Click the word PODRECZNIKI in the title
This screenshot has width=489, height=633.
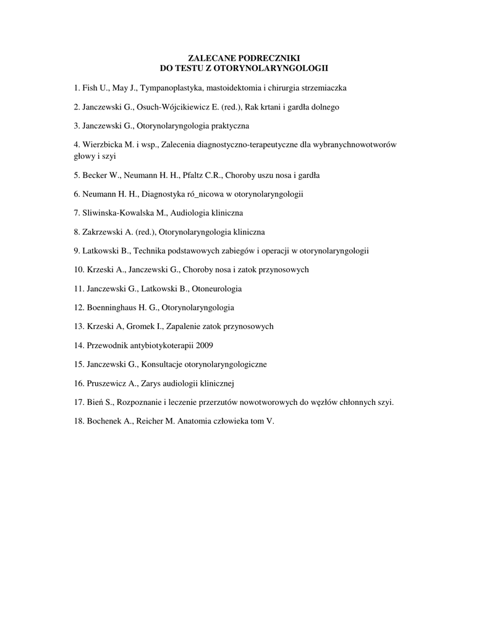pyautogui.click(x=271, y=57)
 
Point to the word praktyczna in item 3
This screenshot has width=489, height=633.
pyautogui.click(x=229, y=125)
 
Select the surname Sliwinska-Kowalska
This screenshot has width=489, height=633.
pyautogui.click(x=118, y=213)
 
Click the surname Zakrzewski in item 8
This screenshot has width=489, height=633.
pyautogui.click(x=103, y=232)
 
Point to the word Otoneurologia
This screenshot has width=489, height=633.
pyautogui.click(x=217, y=288)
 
